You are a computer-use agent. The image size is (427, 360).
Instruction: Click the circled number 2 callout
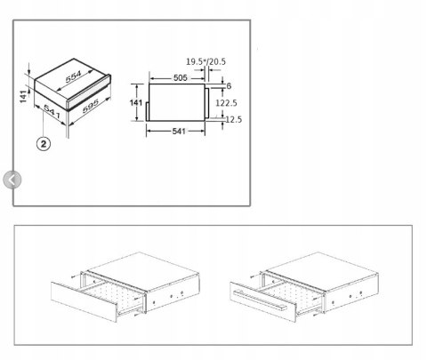[x=44, y=144]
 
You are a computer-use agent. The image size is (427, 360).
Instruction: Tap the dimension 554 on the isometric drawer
[x=73, y=76]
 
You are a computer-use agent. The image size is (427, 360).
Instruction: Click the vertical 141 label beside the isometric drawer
[x=23, y=96]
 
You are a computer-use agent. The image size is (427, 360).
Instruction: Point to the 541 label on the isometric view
[x=52, y=111]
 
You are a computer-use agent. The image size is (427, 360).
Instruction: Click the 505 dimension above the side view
[x=181, y=78]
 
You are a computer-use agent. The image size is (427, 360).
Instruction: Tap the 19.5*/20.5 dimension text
[x=205, y=61]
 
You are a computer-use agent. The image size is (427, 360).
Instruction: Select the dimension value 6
[x=229, y=86]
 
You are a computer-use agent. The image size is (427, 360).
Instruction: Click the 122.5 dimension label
[x=226, y=103]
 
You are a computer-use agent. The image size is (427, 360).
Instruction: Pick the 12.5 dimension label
[x=234, y=119]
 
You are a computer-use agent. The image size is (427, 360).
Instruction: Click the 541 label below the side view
[x=179, y=131]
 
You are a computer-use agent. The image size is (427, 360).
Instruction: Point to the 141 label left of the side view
[x=136, y=102]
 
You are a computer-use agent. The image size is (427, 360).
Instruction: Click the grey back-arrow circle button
[x=12, y=180]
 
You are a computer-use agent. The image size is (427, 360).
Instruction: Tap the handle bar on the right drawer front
[x=259, y=300]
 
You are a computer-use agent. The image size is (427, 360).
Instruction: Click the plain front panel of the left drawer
[x=84, y=301]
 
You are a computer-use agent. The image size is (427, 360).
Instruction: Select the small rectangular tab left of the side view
[x=148, y=111]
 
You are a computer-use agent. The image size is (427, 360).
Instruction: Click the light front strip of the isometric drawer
[x=88, y=93]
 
